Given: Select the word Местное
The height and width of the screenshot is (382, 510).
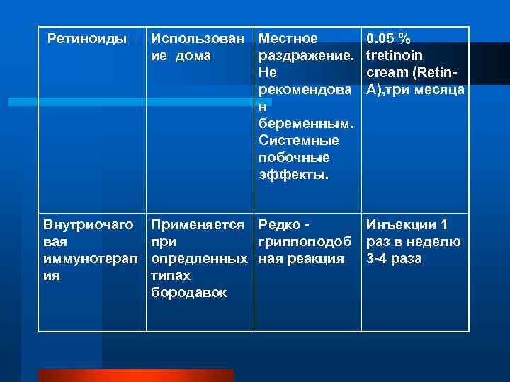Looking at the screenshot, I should tap(288, 37).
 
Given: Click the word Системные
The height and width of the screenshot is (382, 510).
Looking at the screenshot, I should tap(299, 141).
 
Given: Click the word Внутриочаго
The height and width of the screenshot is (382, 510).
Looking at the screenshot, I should tap(89, 225).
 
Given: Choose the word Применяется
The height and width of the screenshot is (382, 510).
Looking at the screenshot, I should tap(198, 225).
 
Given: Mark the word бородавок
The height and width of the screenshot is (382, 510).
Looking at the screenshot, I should tap(189, 293).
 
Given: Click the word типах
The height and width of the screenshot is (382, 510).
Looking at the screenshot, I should tap(171, 276).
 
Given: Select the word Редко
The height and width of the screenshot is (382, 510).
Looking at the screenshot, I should tap(278, 225).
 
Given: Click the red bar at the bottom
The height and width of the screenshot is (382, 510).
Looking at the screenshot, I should tap(135, 376).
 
